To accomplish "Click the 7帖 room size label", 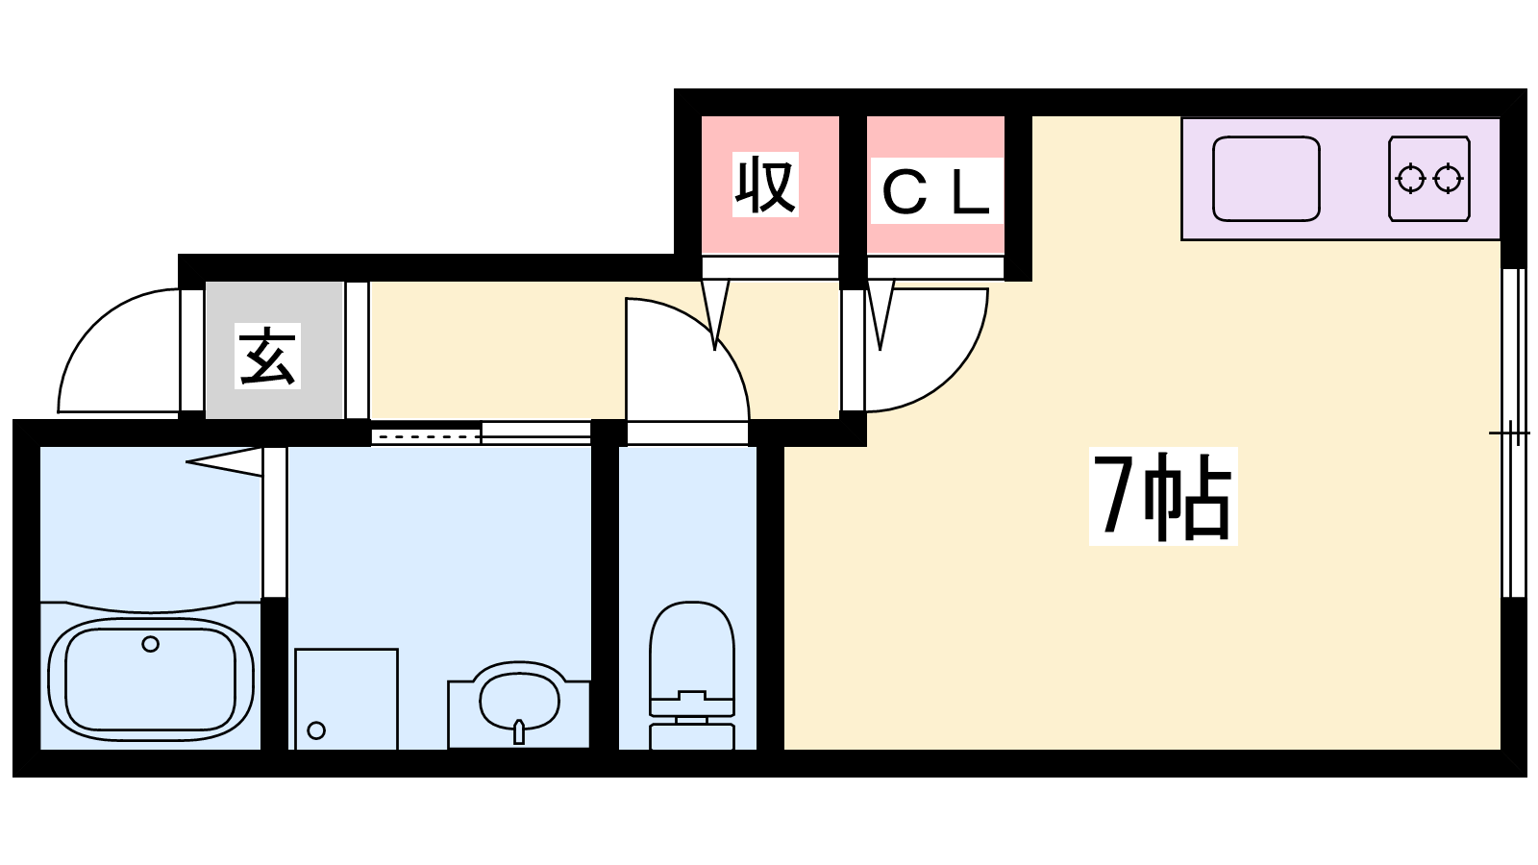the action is [x=1162, y=496].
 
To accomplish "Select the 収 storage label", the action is [x=765, y=185].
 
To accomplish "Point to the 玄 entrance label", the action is [x=268, y=356].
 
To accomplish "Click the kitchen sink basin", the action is [x=1266, y=179].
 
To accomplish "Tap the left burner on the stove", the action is [x=1411, y=179].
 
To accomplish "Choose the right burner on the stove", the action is [x=1448, y=179].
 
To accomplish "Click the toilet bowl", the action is [x=692, y=650].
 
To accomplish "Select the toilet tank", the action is [x=692, y=735].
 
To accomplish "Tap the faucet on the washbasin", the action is [x=519, y=731].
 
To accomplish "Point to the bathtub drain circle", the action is [x=150, y=644].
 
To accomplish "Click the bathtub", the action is [x=151, y=680].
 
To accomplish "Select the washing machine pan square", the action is [x=347, y=699].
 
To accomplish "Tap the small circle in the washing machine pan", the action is [x=316, y=730].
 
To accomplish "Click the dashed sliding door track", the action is [x=426, y=436].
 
